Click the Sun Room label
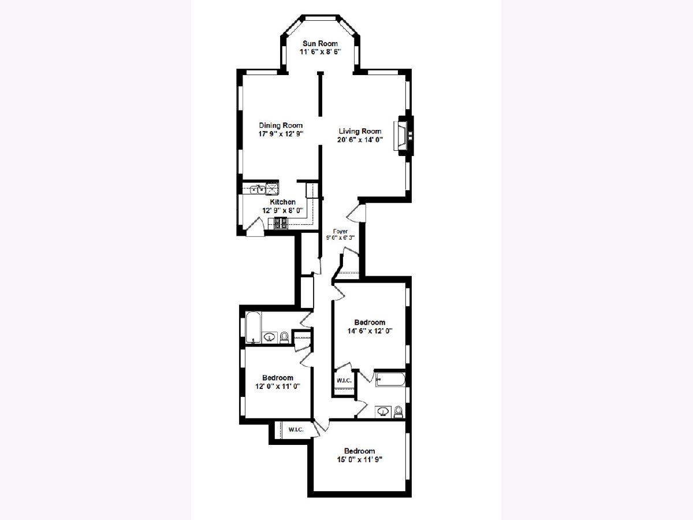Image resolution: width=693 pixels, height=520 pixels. [320, 43]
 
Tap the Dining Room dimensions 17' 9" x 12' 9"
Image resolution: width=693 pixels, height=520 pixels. [281, 134]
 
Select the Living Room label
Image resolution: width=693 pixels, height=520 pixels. [360, 131]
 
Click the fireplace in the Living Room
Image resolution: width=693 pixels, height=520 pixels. [403, 135]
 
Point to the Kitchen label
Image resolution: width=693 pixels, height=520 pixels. [282, 202]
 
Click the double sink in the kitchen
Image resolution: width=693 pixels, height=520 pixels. [258, 190]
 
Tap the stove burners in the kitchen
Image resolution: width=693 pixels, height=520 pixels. [281, 223]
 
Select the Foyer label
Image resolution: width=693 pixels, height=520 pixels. [340, 231]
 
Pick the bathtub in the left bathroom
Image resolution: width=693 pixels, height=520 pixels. [253, 328]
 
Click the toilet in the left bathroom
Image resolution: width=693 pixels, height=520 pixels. [284, 337]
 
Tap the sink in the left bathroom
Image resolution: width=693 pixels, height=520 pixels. [269, 337]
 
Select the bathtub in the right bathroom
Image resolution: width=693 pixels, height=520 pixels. [390, 379]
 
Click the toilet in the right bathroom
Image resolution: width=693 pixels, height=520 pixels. [398, 412]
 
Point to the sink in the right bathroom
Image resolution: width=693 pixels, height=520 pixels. [383, 412]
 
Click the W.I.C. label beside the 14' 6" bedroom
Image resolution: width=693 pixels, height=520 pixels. [344, 380]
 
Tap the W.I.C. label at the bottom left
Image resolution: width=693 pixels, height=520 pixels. [296, 429]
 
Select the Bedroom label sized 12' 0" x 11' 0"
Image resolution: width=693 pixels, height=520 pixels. [278, 378]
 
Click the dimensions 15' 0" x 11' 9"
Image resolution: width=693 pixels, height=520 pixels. [360, 459]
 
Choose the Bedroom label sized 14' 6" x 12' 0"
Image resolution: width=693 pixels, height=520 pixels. [370, 322]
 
